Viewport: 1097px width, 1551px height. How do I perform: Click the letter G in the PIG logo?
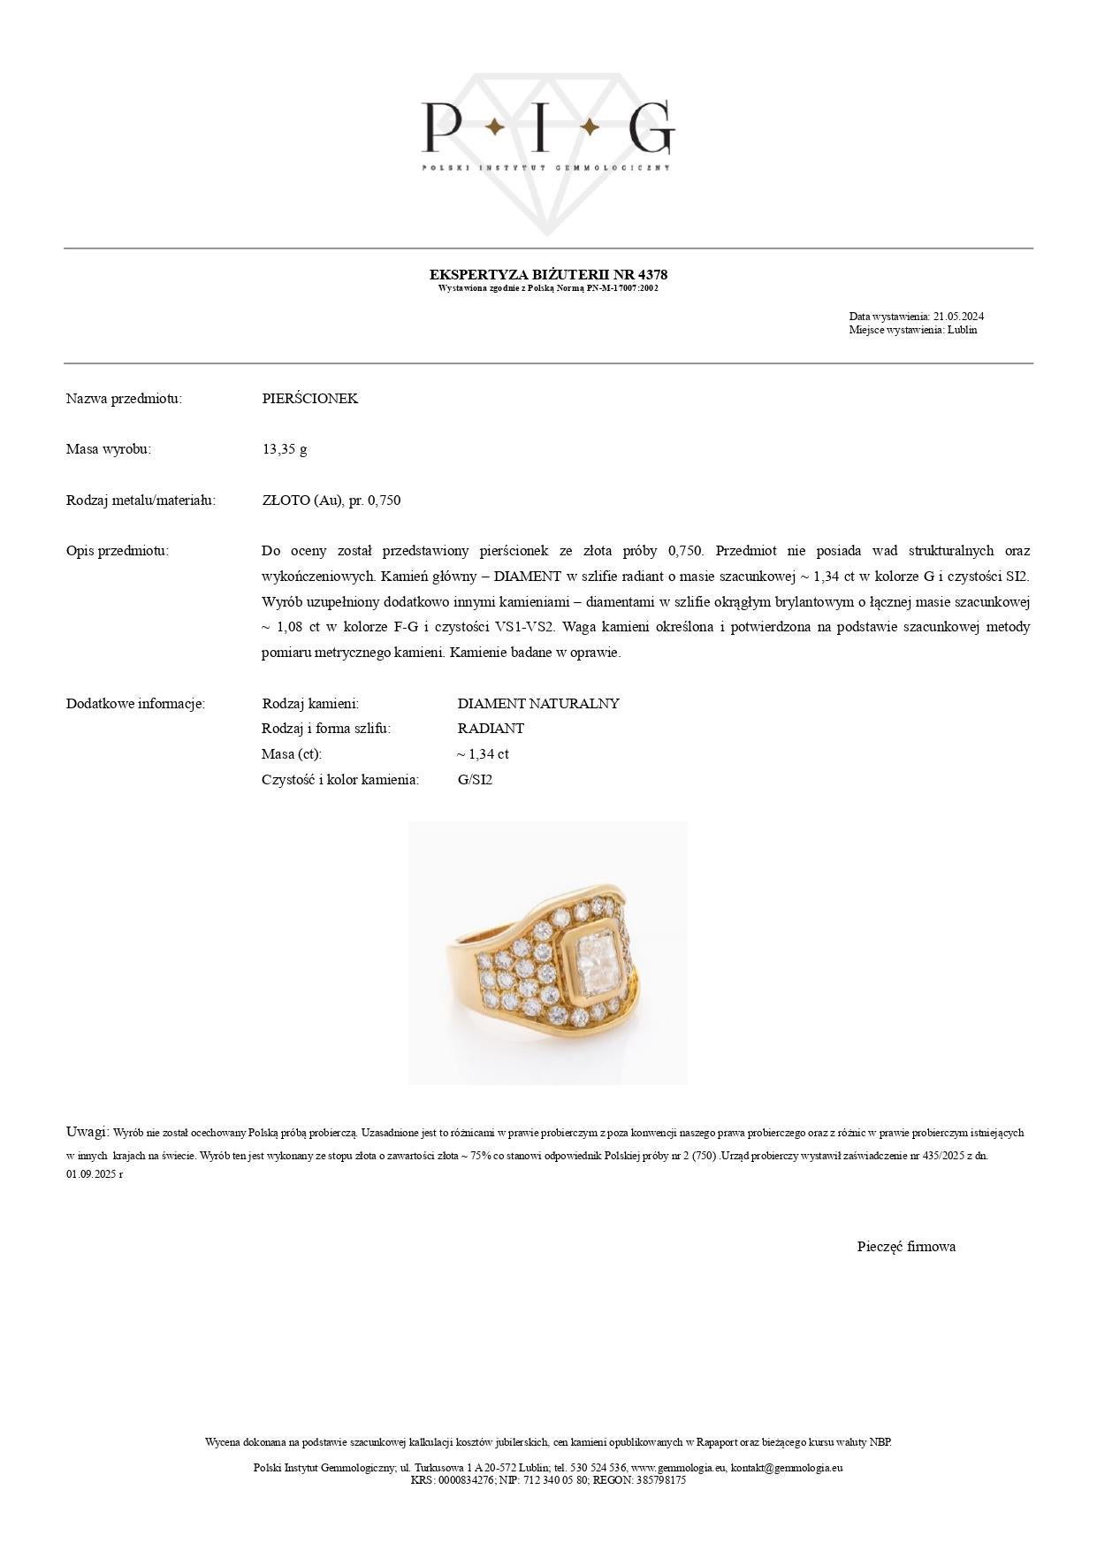coord(651,127)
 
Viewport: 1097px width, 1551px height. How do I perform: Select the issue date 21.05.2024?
coord(958,317)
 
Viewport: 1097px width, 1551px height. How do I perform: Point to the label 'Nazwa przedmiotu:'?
coord(124,399)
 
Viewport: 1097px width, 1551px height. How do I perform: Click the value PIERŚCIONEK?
coord(310,399)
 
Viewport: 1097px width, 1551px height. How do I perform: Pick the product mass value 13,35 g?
coord(285,449)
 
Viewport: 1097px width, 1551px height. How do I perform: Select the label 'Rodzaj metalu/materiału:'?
coord(141,500)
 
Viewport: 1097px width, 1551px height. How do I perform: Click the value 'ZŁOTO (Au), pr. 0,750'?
coord(331,500)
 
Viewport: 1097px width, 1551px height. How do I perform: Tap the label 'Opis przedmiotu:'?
coord(118,551)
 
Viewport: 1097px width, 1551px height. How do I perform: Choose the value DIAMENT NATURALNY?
coord(538,704)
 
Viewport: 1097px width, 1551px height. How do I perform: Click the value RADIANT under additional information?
coord(491,729)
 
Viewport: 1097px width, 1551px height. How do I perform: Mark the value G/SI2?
coord(475,780)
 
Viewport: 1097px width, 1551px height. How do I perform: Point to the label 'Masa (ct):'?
coord(292,754)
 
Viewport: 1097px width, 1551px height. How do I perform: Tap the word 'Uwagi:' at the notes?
coord(88,1132)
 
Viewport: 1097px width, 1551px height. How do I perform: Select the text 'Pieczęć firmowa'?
coord(906,1247)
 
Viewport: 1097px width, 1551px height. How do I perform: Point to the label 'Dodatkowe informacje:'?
coord(135,704)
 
